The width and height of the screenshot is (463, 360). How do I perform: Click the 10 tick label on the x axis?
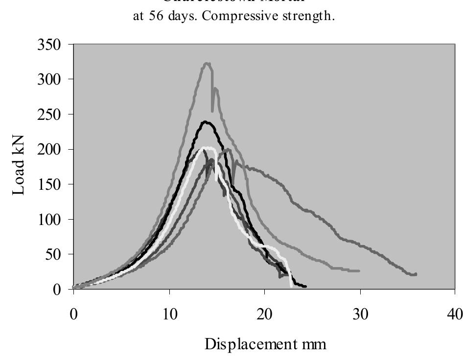(x=169, y=314)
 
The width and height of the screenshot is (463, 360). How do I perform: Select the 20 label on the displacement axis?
(x=265, y=314)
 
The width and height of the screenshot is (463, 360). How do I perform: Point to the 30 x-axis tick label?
(x=360, y=314)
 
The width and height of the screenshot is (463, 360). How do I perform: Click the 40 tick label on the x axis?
(x=455, y=314)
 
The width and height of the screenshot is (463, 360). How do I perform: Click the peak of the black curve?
(x=206, y=122)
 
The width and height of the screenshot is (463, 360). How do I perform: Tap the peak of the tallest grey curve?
(x=207, y=63)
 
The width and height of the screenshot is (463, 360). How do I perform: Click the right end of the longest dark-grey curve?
(x=416, y=274)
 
